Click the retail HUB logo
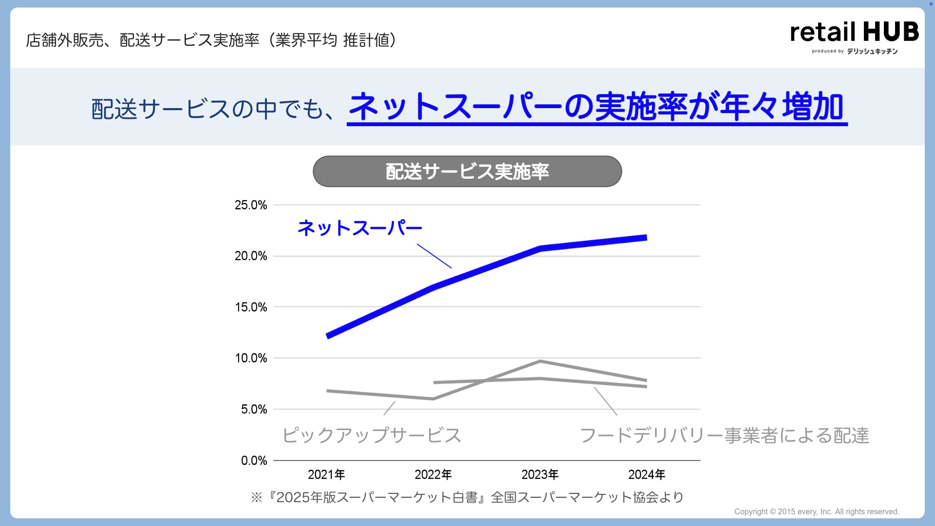coord(854,37)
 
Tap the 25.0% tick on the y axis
coord(251,205)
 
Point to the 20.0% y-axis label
coord(251,256)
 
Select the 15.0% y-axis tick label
coord(251,307)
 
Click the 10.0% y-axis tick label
coord(251,358)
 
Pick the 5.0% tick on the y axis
coord(254,410)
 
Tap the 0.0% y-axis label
coord(254,461)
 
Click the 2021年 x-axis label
coord(326,474)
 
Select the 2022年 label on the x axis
coord(433,474)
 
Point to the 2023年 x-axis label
coord(540,474)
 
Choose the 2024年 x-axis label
coord(646,474)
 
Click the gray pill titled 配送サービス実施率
coord(467,171)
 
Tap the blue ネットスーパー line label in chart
coord(360,228)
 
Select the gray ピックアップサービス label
coord(372,435)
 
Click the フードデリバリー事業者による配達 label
coord(724,435)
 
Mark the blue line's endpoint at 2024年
coord(646,238)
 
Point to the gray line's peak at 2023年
coord(540,361)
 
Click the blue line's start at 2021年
coord(328,336)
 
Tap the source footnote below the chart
coord(467,497)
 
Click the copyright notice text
coord(816,511)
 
